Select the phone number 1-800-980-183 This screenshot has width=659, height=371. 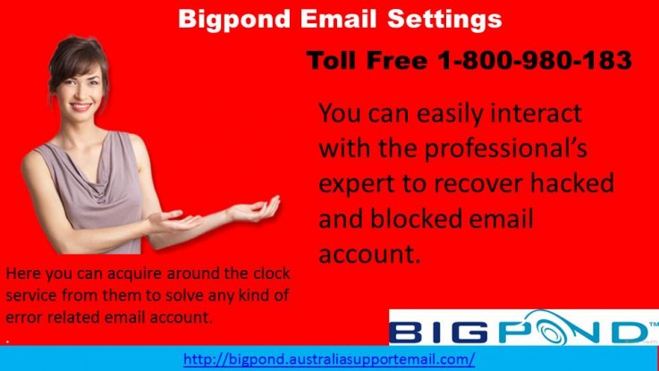[535, 61]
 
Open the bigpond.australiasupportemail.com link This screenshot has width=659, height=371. [329, 359]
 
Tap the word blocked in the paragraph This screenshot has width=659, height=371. [418, 218]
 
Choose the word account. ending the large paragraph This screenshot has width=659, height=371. [369, 253]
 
